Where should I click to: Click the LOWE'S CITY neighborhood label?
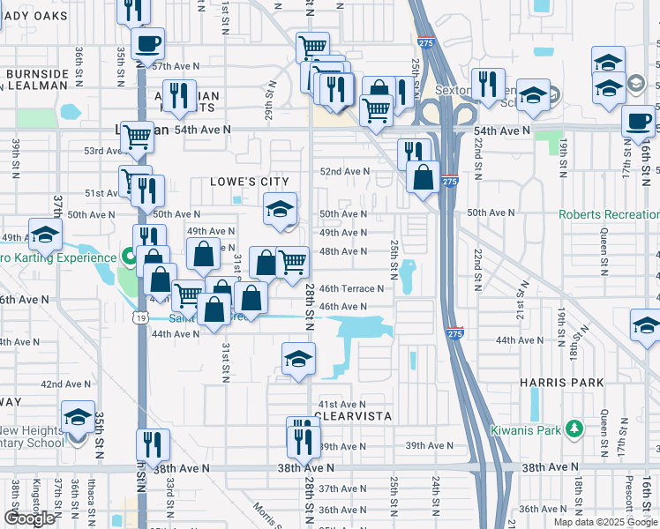click(x=250, y=182)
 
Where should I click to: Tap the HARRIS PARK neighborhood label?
click(x=562, y=383)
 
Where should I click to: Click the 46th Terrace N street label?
click(x=351, y=288)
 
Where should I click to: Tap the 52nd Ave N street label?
click(x=343, y=171)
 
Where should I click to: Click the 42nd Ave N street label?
click(x=64, y=384)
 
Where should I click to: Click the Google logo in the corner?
click(x=29, y=518)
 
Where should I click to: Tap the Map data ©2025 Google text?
click(x=605, y=522)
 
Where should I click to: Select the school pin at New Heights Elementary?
click(x=78, y=420)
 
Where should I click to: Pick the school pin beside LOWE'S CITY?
click(x=280, y=210)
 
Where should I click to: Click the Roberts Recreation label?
click(x=608, y=214)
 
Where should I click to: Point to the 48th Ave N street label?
click(x=342, y=251)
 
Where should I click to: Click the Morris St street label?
click(x=266, y=511)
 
